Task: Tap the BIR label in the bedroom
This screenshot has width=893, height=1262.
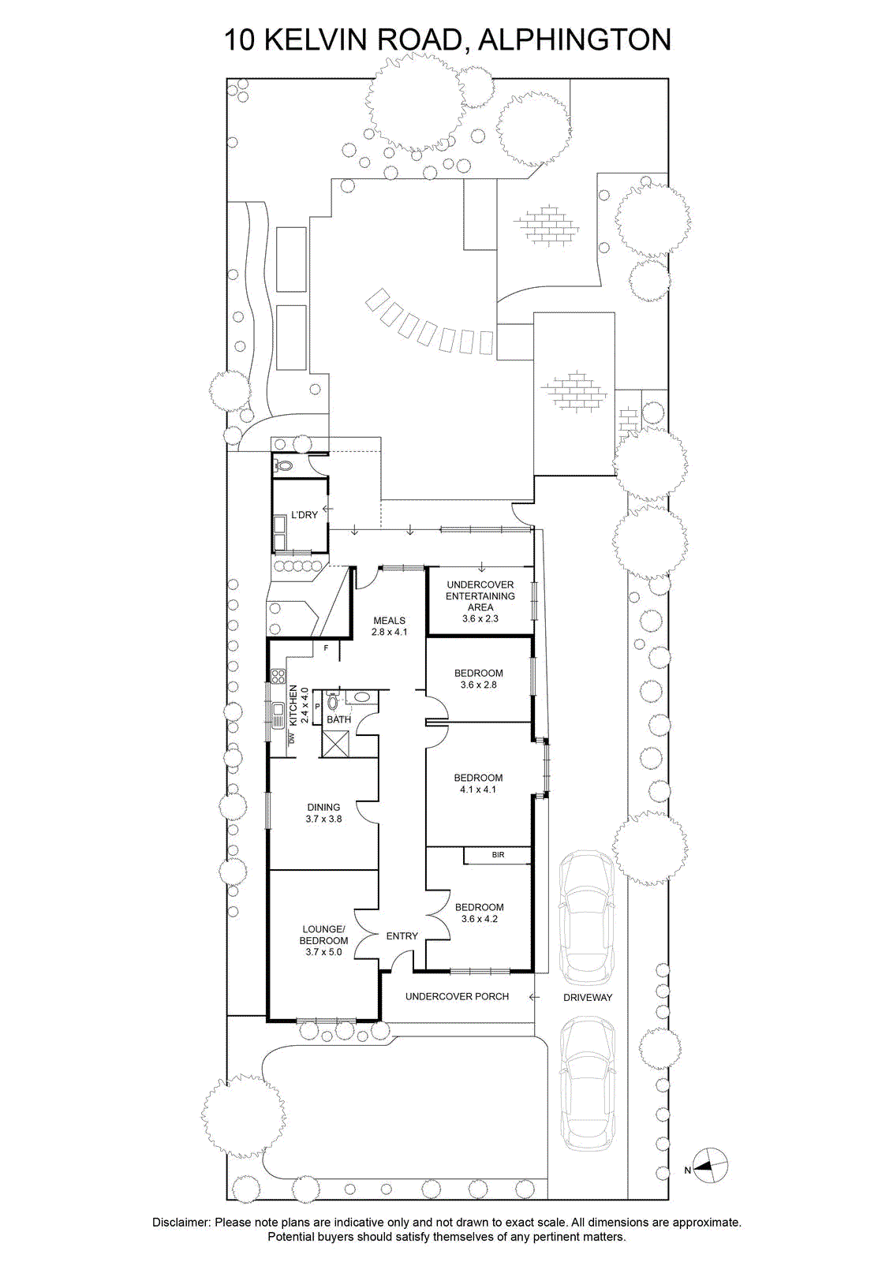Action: pyautogui.click(x=498, y=855)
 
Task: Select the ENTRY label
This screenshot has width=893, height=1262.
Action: pyautogui.click(x=402, y=935)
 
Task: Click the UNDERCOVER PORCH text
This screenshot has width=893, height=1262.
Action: pyautogui.click(x=457, y=997)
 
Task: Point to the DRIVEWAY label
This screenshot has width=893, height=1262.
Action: pyautogui.click(x=588, y=997)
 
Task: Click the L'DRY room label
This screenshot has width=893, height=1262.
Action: pyautogui.click(x=305, y=514)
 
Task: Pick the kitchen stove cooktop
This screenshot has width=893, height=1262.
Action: pyautogui.click(x=277, y=676)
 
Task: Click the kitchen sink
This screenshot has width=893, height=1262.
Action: pyautogui.click(x=277, y=715)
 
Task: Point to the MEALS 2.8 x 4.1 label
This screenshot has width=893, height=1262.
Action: pyautogui.click(x=390, y=626)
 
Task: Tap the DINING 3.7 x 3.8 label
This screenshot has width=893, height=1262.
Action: pyautogui.click(x=324, y=813)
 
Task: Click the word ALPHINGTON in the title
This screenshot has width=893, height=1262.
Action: pyautogui.click(x=574, y=40)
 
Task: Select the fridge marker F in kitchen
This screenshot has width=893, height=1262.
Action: pyautogui.click(x=326, y=648)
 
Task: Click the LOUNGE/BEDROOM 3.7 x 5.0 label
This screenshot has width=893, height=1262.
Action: pyautogui.click(x=324, y=940)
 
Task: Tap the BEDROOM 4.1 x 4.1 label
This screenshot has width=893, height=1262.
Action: pyautogui.click(x=478, y=784)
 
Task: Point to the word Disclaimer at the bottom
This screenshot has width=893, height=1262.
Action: pyautogui.click(x=182, y=1222)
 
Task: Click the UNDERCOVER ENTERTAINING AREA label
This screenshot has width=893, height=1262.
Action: pyautogui.click(x=480, y=601)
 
